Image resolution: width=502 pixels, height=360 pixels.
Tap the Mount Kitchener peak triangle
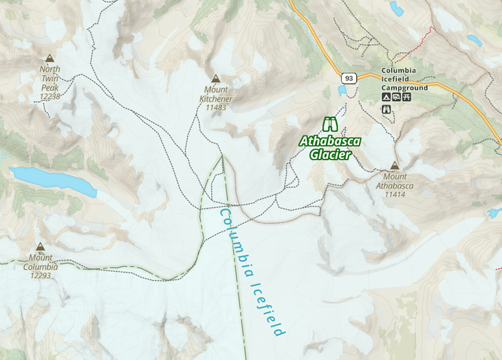216,79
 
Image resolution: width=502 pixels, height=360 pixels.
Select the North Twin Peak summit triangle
50,59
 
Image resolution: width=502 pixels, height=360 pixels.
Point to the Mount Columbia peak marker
40,246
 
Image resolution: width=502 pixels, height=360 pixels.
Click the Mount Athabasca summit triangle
394,166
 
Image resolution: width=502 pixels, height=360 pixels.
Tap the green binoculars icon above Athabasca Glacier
331,125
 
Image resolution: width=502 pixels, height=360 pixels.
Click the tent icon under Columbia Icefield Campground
386,98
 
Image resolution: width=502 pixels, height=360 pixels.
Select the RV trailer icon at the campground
397,98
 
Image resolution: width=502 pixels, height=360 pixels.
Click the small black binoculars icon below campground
386,109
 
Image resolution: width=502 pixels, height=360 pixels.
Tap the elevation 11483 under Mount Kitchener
216,107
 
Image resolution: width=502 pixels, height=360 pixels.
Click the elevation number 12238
50,97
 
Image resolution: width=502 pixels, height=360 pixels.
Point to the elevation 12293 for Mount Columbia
40,275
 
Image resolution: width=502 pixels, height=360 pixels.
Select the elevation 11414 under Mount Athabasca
394,195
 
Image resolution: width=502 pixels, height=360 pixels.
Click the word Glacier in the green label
330,155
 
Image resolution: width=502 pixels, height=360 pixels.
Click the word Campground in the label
405,88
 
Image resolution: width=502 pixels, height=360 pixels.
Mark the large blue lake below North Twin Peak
52,180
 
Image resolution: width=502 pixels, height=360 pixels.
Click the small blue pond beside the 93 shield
342,90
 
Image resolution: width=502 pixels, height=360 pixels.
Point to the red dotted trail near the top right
415,45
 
